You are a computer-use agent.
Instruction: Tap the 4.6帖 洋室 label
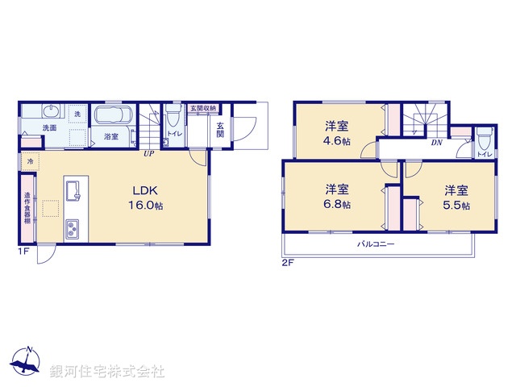tap(337, 133)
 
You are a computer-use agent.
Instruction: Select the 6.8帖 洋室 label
tap(337, 197)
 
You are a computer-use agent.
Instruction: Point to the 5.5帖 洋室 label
tap(456, 198)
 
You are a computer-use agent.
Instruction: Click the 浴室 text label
tap(111, 138)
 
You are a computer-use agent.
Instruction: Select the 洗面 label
tap(49, 127)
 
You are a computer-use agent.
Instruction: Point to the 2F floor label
tap(287, 263)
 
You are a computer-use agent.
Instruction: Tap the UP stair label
tap(149, 153)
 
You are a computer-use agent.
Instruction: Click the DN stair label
tap(435, 143)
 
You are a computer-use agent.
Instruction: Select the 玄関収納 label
tap(203, 107)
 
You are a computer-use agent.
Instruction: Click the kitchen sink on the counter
tap(75, 191)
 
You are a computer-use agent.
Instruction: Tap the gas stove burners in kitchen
tap(73, 229)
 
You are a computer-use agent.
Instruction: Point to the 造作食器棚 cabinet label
tap(27, 209)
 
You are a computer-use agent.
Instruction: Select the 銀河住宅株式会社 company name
tap(107, 372)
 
